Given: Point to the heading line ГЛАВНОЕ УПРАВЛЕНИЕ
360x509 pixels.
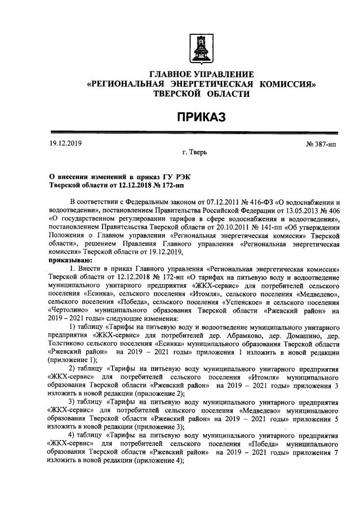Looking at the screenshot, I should (201, 75).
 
